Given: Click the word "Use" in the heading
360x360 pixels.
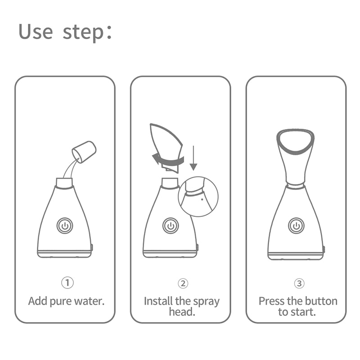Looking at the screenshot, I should (36, 32).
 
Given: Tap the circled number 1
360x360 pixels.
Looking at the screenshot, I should (67, 283).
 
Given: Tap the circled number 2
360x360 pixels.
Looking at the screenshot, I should (183, 283).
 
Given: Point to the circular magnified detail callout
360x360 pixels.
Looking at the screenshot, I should (198, 196).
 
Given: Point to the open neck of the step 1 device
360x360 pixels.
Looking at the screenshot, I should (64, 182).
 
